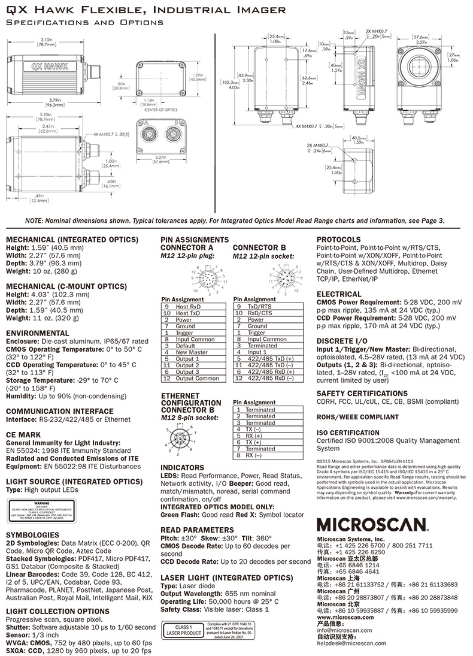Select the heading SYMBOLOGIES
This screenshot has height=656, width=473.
32,534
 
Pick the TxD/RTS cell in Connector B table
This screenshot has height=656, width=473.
262,306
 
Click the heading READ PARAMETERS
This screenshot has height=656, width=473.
197,530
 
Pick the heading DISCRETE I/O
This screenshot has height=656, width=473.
339,340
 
